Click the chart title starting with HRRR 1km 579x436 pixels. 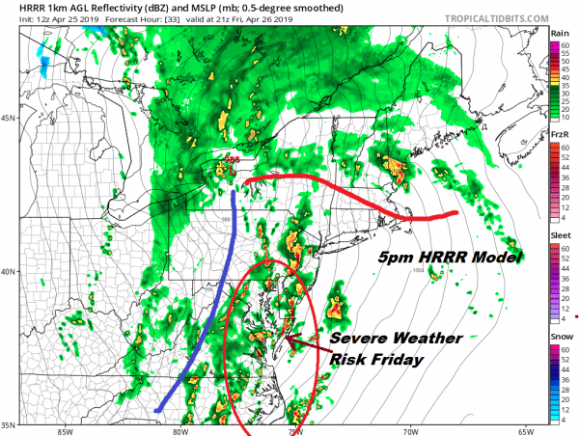tap(125, 8)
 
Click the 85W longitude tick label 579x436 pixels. tap(65, 430)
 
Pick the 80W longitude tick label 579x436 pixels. tap(180, 430)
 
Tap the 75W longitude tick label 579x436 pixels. tap(295, 430)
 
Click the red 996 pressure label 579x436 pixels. tap(232, 160)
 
